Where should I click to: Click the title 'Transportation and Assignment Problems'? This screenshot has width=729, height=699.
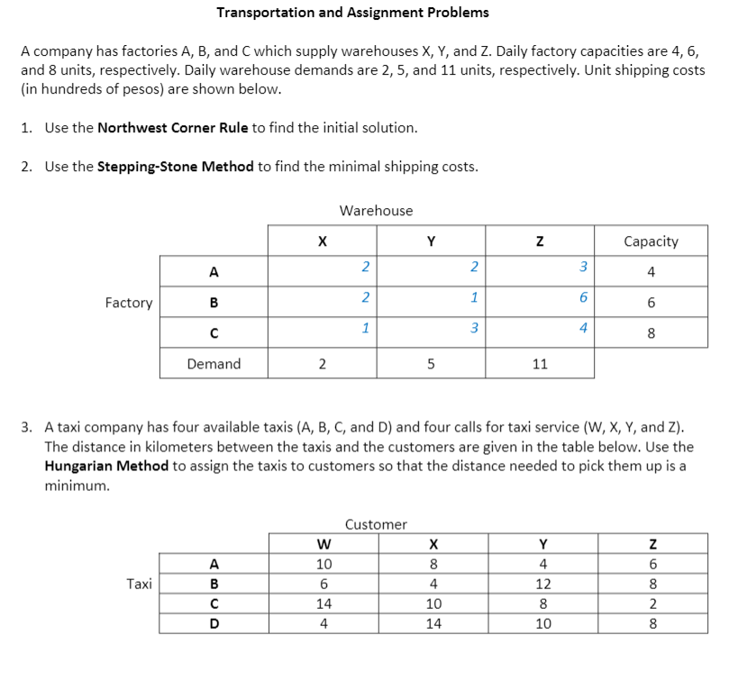click(x=353, y=13)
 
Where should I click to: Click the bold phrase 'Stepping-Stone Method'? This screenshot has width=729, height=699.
click(x=175, y=167)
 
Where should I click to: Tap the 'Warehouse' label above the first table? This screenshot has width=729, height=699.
click(x=376, y=211)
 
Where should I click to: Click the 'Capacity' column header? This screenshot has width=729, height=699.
click(x=651, y=241)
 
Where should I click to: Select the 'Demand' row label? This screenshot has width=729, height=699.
click(x=214, y=364)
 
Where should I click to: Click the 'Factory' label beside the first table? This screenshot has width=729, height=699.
click(x=129, y=303)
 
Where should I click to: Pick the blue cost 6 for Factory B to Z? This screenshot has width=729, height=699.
click(x=583, y=297)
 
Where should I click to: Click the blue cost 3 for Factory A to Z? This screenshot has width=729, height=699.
click(x=583, y=267)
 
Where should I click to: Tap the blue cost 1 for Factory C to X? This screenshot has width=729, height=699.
click(x=364, y=328)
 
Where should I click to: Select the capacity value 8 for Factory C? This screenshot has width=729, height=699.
click(x=651, y=333)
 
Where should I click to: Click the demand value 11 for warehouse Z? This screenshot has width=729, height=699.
click(x=540, y=364)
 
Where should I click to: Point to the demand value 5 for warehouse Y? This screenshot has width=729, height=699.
click(x=432, y=364)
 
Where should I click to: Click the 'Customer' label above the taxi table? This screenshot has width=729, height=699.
click(x=376, y=524)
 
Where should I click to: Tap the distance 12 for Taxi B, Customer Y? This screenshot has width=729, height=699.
click(x=542, y=583)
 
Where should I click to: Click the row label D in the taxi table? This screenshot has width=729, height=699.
click(x=214, y=622)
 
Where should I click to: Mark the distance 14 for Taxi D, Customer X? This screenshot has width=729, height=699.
click(x=433, y=622)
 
